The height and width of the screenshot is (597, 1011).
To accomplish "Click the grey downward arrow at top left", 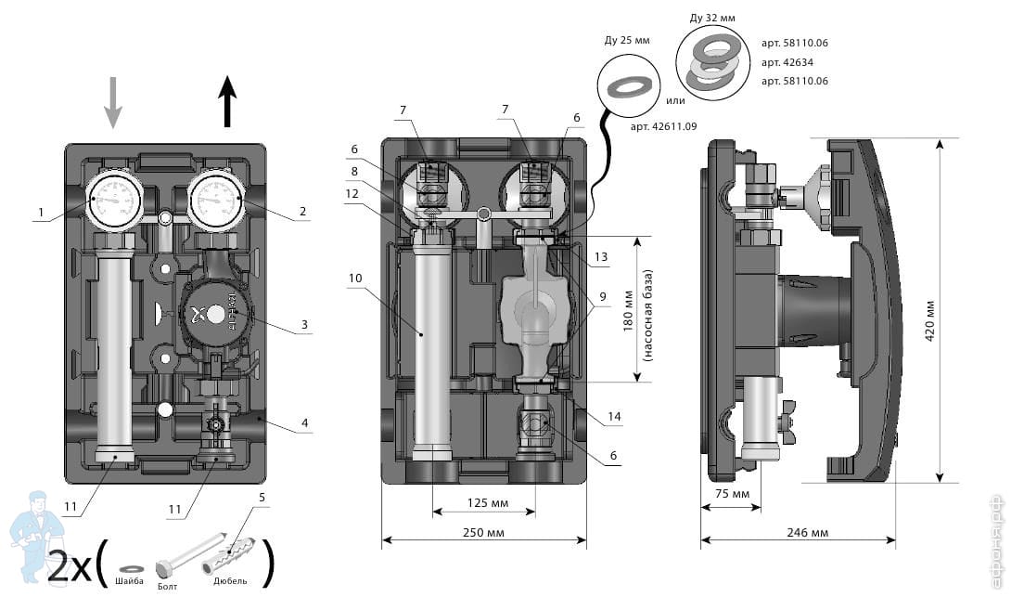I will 112,101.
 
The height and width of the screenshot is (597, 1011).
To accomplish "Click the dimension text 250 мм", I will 483,532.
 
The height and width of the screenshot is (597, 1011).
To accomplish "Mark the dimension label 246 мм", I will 808,532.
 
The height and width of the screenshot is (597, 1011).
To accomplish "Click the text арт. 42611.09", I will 663,125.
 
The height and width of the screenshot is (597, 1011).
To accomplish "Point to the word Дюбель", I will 231,580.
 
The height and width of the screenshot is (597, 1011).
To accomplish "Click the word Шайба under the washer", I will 130,582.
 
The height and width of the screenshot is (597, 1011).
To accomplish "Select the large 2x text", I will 70,566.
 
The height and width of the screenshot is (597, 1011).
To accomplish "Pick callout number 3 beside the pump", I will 302,325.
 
